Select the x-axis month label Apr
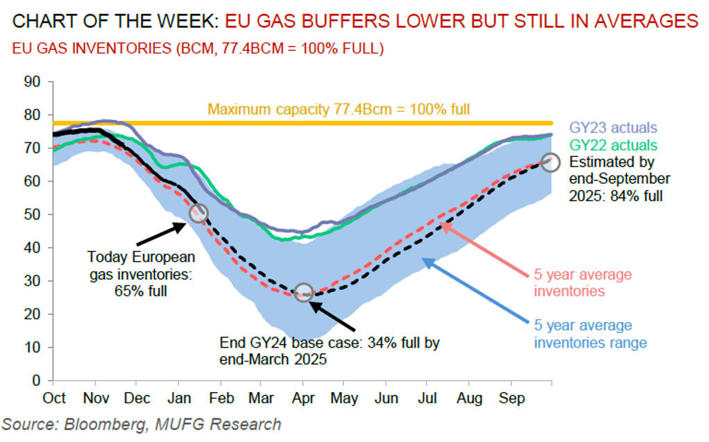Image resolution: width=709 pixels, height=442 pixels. click(302, 398)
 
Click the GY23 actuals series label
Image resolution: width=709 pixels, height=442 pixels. click(613, 128)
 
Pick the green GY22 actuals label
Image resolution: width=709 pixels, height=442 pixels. click(613, 146)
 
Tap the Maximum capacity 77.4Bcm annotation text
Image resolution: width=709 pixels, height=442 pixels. click(339, 109)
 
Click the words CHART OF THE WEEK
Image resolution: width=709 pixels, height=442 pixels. click(114, 22)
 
